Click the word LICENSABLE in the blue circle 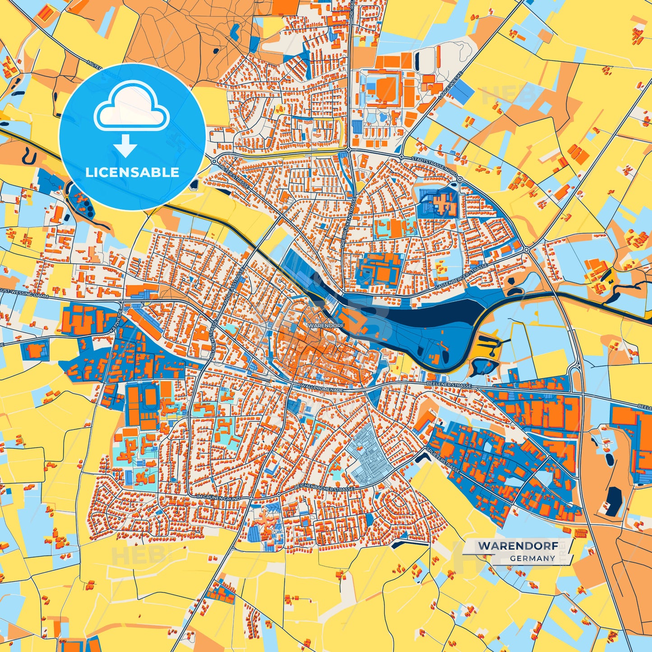click(x=132, y=172)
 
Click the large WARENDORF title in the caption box click(x=517, y=545)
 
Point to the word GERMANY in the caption click(x=532, y=558)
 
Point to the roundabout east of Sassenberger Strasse click(x=527, y=249)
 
